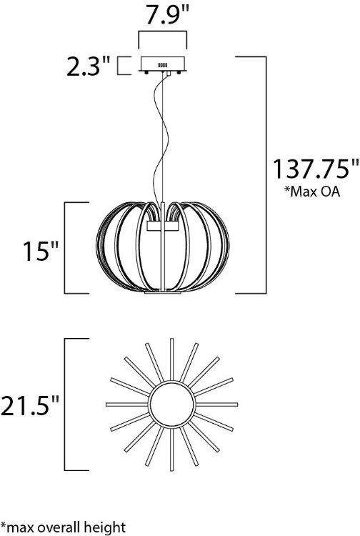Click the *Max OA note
pos(313,192)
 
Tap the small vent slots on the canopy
pos(162,65)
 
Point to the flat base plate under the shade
pos(163,292)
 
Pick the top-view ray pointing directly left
pos(125,405)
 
